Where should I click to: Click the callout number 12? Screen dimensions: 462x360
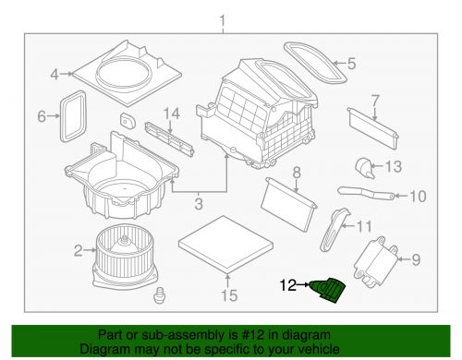point(288,285)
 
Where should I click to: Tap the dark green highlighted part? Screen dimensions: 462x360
point(328,289)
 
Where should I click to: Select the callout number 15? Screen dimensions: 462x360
point(229,295)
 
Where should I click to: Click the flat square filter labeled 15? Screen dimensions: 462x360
point(225,244)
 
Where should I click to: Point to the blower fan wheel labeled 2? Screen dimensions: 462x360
point(126,256)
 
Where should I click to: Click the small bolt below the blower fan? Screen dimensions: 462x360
point(160,295)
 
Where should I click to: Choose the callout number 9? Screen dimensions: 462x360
point(416,259)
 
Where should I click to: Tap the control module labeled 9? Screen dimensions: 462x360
point(376,262)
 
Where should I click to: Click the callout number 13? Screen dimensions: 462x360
point(394,166)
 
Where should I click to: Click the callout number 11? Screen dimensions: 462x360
point(364,227)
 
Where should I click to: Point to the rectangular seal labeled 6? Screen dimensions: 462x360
point(73,116)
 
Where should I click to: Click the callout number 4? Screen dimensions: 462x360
point(55,74)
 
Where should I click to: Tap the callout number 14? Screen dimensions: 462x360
point(172,114)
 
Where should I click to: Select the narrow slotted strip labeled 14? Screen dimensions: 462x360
point(170,139)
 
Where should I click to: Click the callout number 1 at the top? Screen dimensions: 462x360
point(223,21)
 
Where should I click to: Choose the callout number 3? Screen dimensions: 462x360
point(199,204)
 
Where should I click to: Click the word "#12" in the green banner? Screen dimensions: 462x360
point(253,335)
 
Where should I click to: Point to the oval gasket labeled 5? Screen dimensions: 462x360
point(315,62)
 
